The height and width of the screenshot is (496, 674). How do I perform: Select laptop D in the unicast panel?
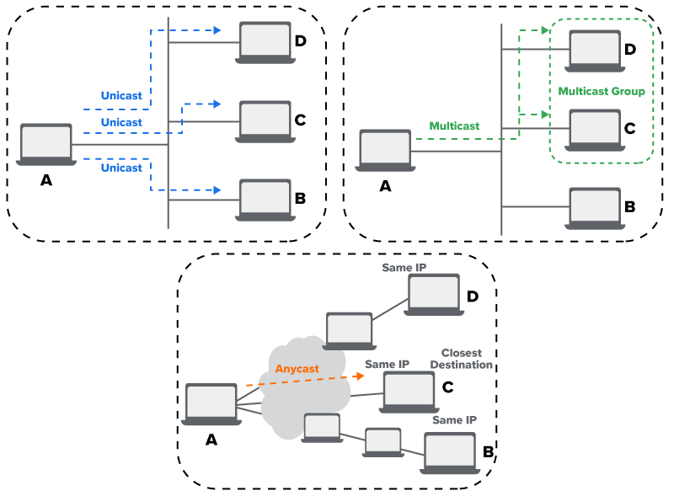pyautogui.click(x=265, y=43)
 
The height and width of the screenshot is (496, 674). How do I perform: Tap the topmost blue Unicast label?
pyautogui.click(x=121, y=95)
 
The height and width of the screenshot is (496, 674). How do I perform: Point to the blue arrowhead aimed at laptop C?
pyautogui.click(x=217, y=104)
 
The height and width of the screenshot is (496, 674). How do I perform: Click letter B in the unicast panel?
pyautogui.click(x=299, y=200)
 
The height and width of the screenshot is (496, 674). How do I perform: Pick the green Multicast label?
pyautogui.click(x=454, y=125)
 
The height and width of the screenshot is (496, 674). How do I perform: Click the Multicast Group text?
pyautogui.click(x=601, y=91)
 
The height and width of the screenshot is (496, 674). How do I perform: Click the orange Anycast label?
pyautogui.click(x=296, y=369)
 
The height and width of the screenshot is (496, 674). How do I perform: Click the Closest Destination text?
pyautogui.click(x=466, y=359)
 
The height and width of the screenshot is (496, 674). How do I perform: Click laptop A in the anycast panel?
pyautogui.click(x=211, y=405)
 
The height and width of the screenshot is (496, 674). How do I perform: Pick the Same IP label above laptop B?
pyautogui.click(x=454, y=419)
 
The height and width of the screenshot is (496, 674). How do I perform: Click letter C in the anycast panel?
pyautogui.click(x=447, y=387)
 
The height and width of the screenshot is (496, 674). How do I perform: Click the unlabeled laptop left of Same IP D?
pyautogui.click(x=349, y=330)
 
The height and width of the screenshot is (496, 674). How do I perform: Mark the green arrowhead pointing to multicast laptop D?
pyautogui.click(x=545, y=31)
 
